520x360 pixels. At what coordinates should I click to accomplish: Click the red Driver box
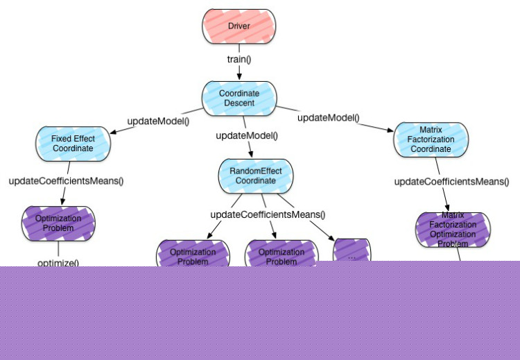point(239,26)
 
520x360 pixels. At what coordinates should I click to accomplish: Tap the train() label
point(239,59)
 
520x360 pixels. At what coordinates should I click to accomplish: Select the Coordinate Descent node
point(239,98)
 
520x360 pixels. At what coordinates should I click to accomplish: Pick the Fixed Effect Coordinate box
point(72,144)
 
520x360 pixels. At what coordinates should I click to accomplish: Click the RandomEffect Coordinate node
point(256,175)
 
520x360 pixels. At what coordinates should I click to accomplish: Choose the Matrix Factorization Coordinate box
point(431,139)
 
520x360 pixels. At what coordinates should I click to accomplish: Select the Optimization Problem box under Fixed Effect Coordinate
point(58,223)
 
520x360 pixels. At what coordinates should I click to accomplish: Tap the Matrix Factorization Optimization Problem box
point(453,230)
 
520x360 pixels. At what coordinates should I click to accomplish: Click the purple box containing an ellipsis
point(352,252)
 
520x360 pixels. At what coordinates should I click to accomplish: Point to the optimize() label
point(58,263)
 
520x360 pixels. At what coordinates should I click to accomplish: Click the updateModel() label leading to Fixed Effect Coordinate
point(158,121)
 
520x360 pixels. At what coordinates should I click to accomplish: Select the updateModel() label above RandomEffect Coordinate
point(247,135)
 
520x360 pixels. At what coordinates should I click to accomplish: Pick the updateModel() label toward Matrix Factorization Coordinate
point(329,118)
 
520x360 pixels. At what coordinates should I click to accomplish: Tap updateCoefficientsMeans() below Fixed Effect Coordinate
point(66,181)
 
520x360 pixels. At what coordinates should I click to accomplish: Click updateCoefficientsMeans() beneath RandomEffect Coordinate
point(268,214)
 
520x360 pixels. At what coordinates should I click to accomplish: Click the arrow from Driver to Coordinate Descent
point(239,71)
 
